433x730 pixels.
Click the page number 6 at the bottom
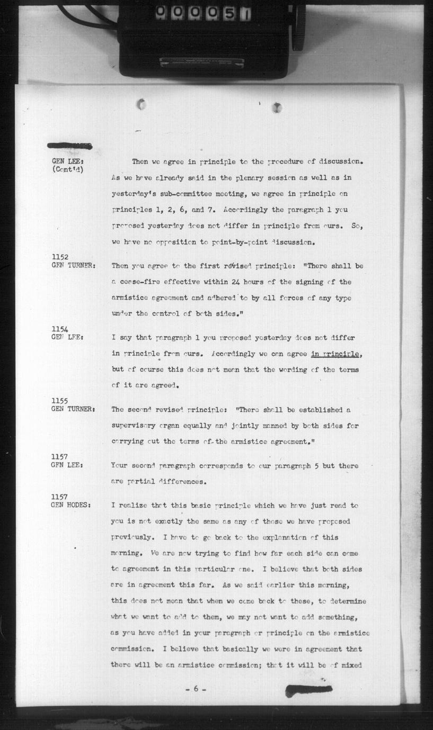[196, 689]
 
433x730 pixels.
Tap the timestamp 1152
[59, 257]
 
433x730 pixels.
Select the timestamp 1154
[59, 329]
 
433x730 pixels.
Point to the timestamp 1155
[59, 401]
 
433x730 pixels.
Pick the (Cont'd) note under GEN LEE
[67, 169]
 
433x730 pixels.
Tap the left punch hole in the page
[141, 104]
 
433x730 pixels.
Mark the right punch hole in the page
[277, 107]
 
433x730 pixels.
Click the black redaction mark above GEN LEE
[69, 146]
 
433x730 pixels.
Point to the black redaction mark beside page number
[308, 690]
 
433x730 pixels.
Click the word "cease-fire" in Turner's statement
[140, 282]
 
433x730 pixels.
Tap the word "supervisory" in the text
[133, 426]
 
